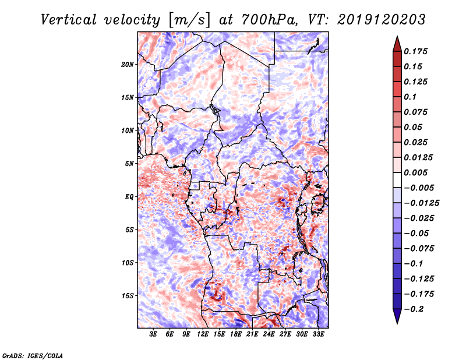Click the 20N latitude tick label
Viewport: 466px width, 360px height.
click(128, 65)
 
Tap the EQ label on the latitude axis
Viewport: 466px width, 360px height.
click(129, 197)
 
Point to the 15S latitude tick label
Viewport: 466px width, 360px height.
click(128, 296)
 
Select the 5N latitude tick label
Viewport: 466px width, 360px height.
click(129, 164)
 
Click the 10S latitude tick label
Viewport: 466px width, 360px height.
click(128, 263)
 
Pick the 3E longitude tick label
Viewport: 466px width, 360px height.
click(153, 334)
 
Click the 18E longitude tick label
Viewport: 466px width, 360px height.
click(236, 334)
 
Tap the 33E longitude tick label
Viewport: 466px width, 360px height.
click(318, 334)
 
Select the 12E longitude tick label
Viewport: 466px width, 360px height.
click(203, 334)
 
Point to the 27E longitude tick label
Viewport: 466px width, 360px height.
click(285, 334)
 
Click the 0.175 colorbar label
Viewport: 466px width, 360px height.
click(415, 51)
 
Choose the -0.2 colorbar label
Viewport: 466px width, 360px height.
click(414, 309)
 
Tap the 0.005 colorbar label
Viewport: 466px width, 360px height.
click(415, 172)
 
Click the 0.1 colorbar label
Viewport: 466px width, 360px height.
click(410, 97)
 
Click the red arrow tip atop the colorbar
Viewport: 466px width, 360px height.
click(397, 37)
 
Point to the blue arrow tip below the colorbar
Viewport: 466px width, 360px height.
click(397, 323)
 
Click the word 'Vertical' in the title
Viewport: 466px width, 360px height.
click(69, 20)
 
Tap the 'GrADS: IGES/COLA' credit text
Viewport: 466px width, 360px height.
click(33, 355)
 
